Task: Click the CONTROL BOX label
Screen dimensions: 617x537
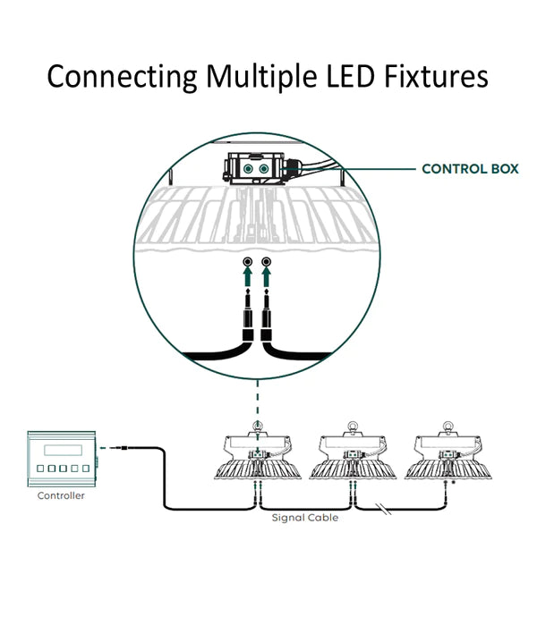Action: click(x=470, y=168)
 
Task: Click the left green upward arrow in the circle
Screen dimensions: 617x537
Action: click(x=248, y=283)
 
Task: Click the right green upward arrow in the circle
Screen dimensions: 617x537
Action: click(x=266, y=283)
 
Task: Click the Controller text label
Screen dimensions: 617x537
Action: click(x=61, y=495)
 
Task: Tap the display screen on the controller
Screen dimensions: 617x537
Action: click(x=56, y=448)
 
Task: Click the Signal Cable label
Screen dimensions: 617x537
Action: click(x=306, y=518)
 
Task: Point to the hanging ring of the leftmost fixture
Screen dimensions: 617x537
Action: click(x=258, y=426)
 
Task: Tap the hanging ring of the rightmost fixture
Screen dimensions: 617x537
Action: click(x=444, y=426)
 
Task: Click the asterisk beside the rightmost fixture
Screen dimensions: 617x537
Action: click(x=453, y=484)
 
